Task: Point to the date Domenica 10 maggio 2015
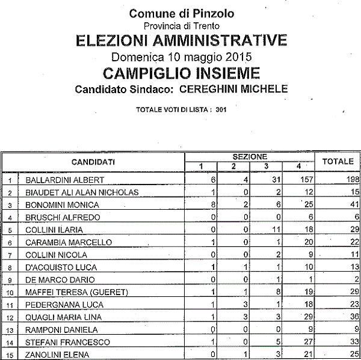(x=181, y=58)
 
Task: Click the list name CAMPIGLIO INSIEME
(x=181, y=73)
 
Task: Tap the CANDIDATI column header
(x=93, y=162)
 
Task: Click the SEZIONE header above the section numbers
(x=249, y=156)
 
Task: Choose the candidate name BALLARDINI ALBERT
(x=66, y=180)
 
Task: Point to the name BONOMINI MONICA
(x=64, y=204)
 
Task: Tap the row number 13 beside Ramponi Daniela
(x=10, y=330)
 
